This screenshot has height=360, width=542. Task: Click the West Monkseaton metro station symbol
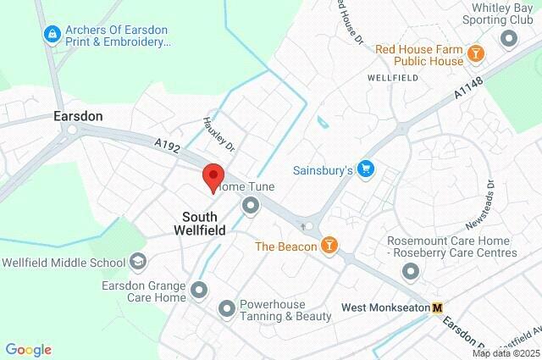(437, 307)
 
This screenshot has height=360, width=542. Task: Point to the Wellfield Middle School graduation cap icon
(137, 262)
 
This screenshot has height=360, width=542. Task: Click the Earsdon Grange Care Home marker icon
(200, 291)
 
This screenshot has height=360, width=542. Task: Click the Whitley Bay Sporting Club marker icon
(509, 38)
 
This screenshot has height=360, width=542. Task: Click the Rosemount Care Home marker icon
(412, 271)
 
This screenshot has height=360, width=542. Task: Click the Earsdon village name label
(79, 115)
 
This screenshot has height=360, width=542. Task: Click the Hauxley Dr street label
(218, 135)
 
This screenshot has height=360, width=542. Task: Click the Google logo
(28, 350)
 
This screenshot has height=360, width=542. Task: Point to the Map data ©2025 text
(505, 353)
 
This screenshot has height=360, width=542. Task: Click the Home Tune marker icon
(251, 205)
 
